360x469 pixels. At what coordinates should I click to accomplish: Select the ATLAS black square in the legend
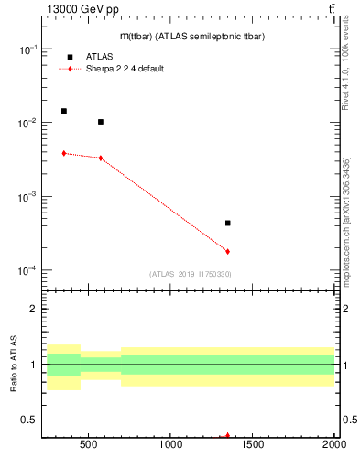[x=71, y=57]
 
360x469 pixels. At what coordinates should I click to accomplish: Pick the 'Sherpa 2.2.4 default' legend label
[x=125, y=69]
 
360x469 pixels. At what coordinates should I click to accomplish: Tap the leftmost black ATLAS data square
[x=64, y=111]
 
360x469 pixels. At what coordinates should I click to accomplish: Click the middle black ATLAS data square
[x=101, y=122]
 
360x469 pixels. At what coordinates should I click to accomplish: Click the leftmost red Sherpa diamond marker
[x=64, y=153]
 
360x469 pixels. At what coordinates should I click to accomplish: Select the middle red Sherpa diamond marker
[x=101, y=158]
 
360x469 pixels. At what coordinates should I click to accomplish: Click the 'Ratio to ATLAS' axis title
[x=14, y=365]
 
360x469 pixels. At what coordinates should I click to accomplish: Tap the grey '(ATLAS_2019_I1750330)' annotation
[x=190, y=274]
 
